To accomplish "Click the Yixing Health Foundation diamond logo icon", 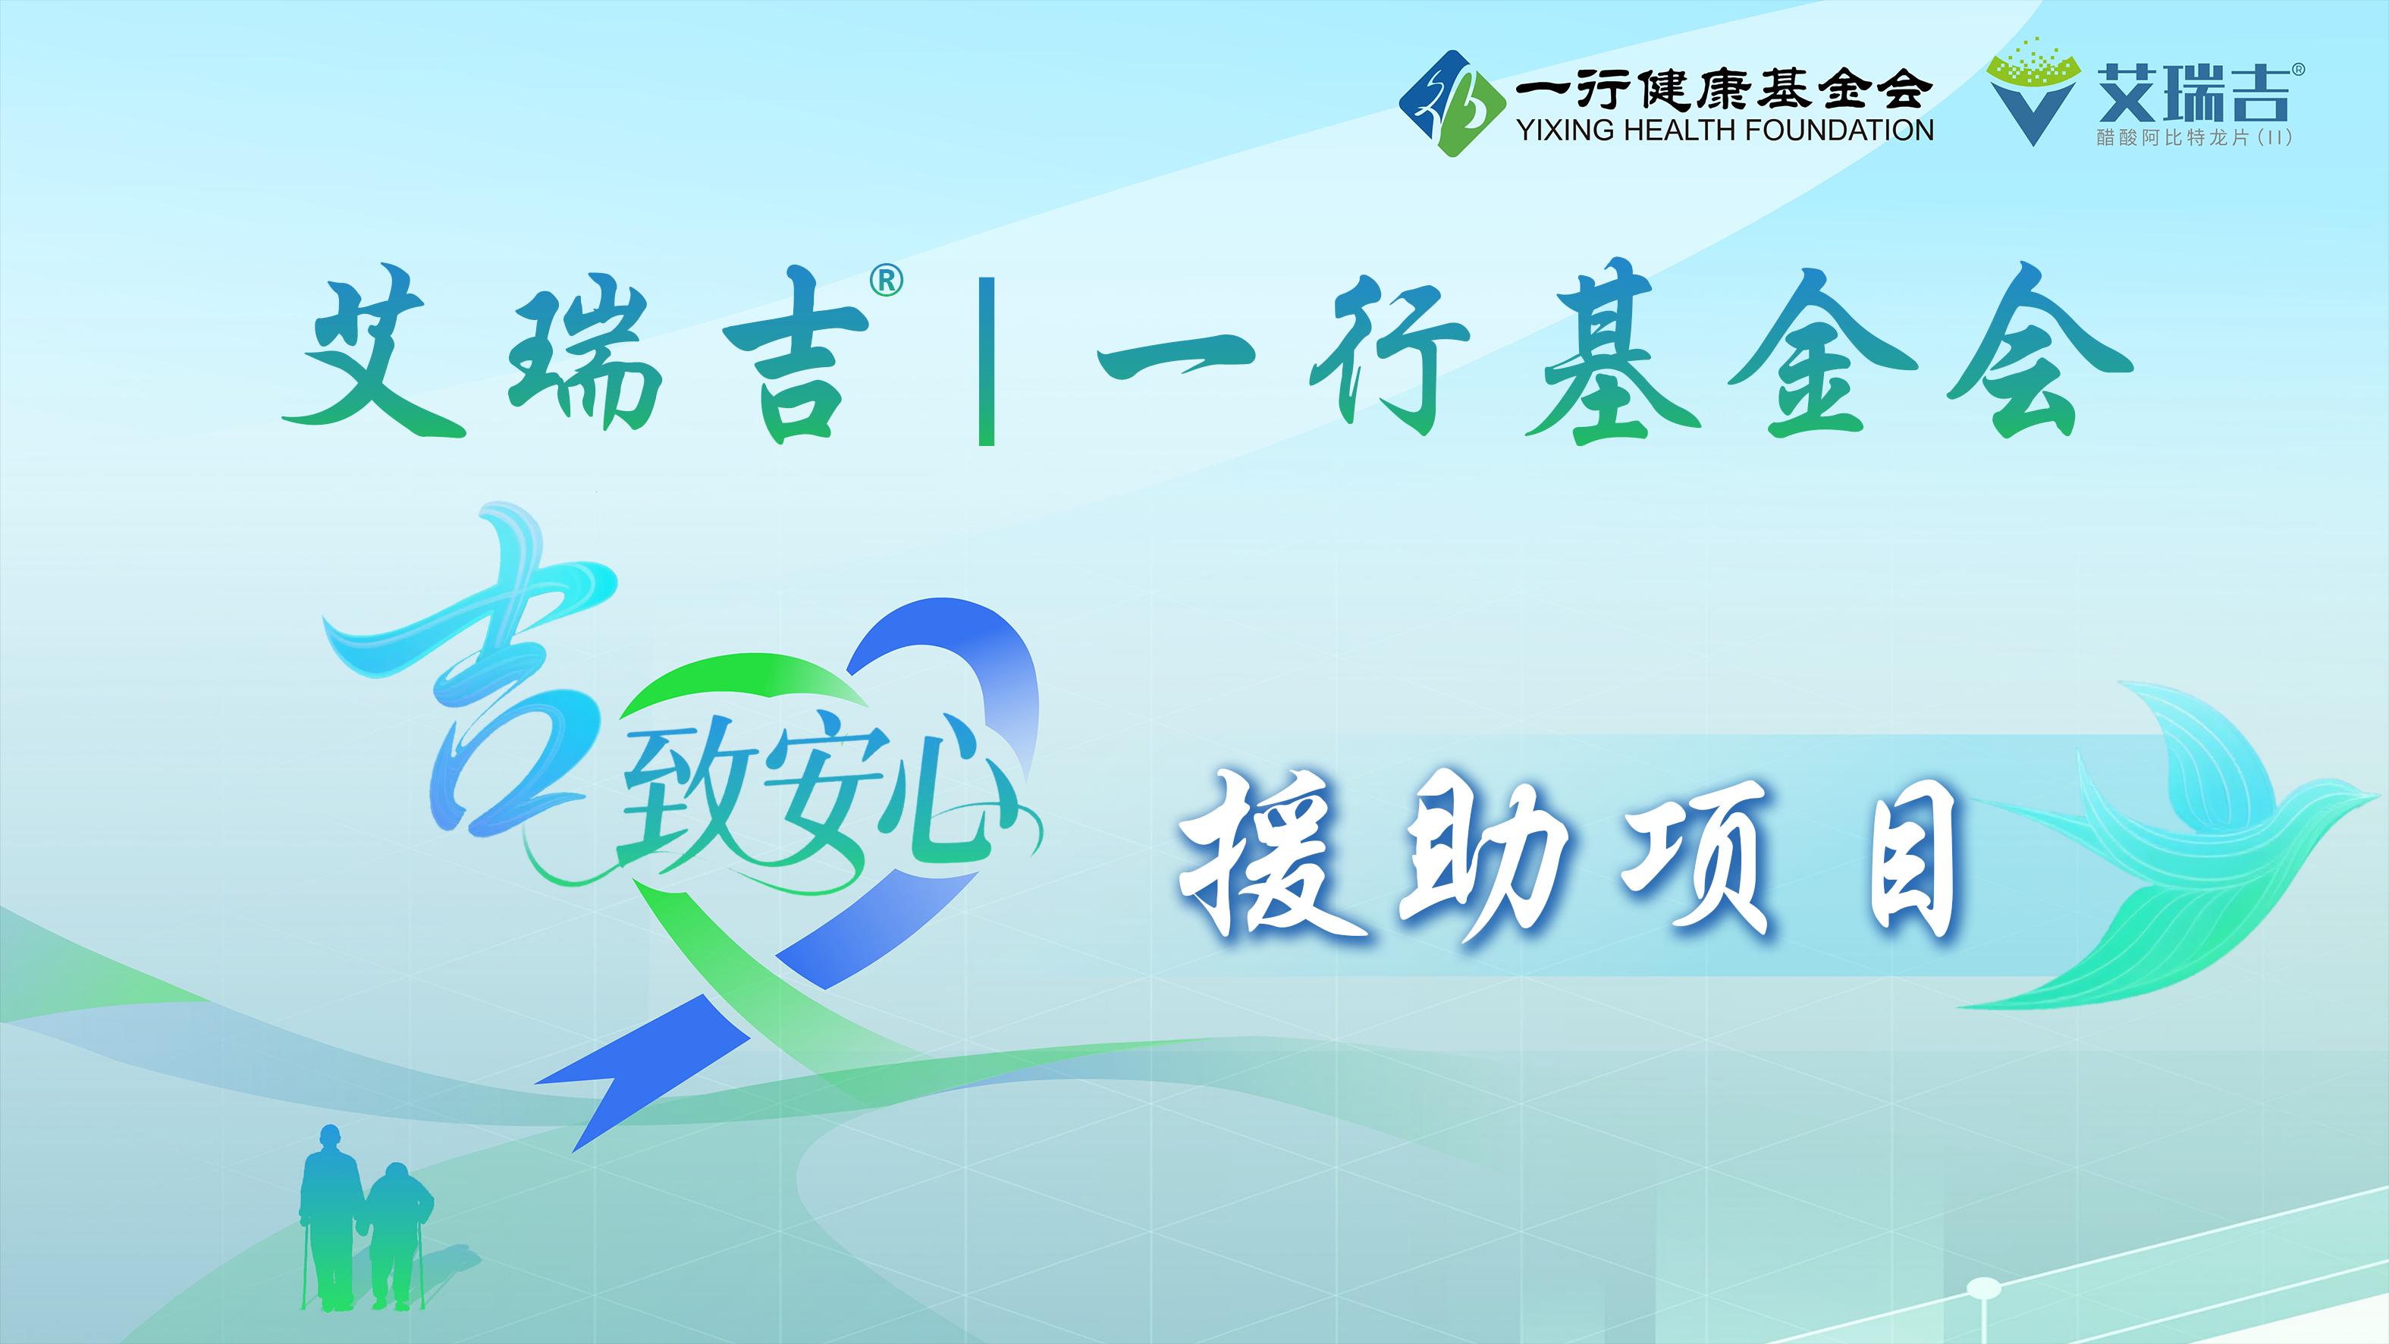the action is (1452, 103).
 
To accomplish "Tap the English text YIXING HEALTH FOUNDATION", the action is (1725, 130).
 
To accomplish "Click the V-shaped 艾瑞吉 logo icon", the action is (2033, 92).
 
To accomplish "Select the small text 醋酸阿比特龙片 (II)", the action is (2194, 137).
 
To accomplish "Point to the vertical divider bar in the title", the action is (987, 362).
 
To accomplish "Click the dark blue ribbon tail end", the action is (640, 1076).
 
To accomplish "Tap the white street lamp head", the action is (1984, 1287).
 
